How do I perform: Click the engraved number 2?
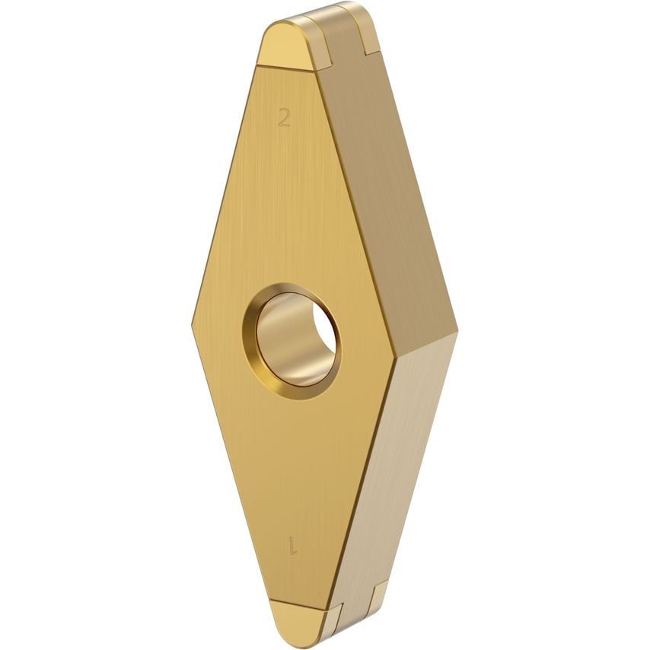tap(284, 117)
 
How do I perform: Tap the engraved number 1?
tap(292, 545)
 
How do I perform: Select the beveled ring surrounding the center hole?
tap(254, 358)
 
